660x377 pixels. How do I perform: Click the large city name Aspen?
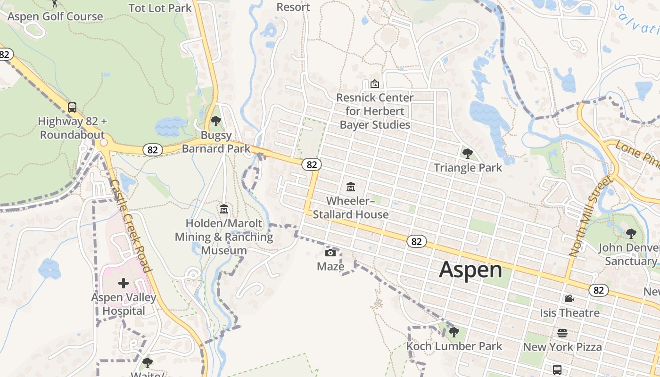tap(470, 270)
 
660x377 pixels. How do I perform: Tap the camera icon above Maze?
tap(330, 253)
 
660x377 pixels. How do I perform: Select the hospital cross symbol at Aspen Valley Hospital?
tap(124, 283)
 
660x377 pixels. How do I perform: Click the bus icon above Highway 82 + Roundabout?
tap(72, 107)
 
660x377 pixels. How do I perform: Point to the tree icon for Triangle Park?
tap(468, 153)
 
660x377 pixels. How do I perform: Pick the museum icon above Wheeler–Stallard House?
tap(351, 187)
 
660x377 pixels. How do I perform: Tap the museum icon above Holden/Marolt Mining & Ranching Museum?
tap(224, 209)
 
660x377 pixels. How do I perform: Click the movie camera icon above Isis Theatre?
tap(569, 298)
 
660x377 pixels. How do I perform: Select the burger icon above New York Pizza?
tap(562, 333)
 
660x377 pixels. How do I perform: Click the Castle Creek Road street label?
tap(131, 225)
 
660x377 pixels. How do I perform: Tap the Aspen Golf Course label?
tap(55, 16)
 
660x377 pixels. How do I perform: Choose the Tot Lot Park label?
tap(160, 8)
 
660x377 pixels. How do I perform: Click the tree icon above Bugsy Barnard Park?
tap(216, 121)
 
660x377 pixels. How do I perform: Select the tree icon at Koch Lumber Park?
tap(454, 332)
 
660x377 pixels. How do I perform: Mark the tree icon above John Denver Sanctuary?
tap(631, 233)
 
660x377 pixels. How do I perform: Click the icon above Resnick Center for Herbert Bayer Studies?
tap(375, 84)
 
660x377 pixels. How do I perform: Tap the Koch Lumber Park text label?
tap(454, 346)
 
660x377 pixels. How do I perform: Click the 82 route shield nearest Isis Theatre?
tap(598, 290)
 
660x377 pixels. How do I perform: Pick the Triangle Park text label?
tap(468, 168)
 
